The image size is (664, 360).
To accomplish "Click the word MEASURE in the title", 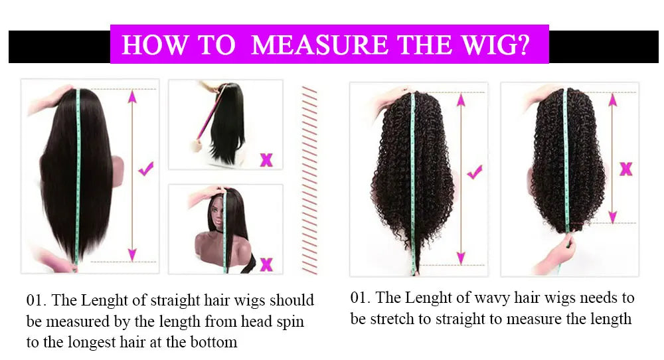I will [321, 45].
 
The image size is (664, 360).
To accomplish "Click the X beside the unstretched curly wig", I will [625, 169].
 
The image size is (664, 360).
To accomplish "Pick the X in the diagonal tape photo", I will [266, 159].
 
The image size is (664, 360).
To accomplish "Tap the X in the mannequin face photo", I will [266, 264].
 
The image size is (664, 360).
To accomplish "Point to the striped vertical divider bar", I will [309, 179].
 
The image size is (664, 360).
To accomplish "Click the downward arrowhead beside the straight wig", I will [132, 254].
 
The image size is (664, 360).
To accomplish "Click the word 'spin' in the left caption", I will [291, 321].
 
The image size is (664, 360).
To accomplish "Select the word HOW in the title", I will [149, 45].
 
